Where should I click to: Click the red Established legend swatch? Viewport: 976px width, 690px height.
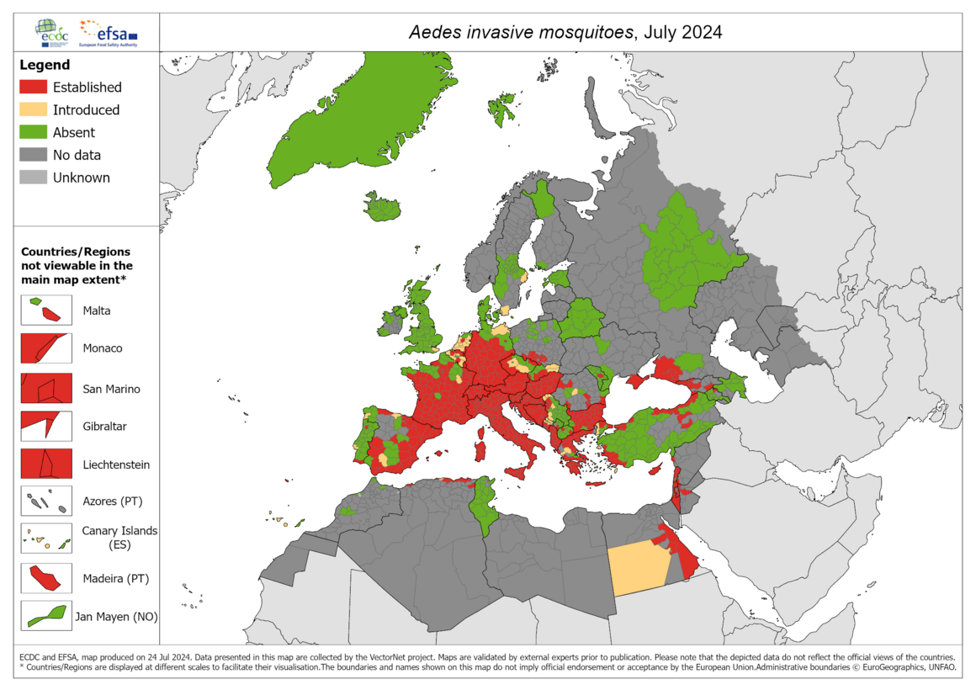coord(33,87)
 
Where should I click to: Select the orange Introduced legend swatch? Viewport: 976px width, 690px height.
coord(33,109)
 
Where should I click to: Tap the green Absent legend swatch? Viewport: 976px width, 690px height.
coord(33,132)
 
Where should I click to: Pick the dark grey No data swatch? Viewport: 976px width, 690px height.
coord(33,155)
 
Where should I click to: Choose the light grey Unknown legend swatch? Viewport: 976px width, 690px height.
coord(33,178)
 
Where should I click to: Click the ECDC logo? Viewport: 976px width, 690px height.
coord(53,31)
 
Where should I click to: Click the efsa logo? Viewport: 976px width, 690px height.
coord(108,32)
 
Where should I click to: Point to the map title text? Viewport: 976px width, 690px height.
coord(565,32)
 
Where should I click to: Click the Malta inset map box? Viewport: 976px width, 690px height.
coord(46,310)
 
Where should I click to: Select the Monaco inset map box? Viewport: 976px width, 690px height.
coord(46,348)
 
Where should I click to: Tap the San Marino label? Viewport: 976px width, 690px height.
coord(111,389)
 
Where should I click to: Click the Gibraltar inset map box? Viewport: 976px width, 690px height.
coord(46,426)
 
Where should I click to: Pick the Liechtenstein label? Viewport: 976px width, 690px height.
coord(116,464)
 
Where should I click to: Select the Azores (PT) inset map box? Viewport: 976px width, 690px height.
coord(46,502)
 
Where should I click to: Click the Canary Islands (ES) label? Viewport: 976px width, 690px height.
coord(119,538)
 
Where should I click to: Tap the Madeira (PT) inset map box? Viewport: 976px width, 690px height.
coord(46,578)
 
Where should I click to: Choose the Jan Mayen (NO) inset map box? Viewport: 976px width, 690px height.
coord(46,616)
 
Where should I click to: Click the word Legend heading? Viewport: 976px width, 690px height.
coord(45,65)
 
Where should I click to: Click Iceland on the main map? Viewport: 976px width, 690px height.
coord(384,206)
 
